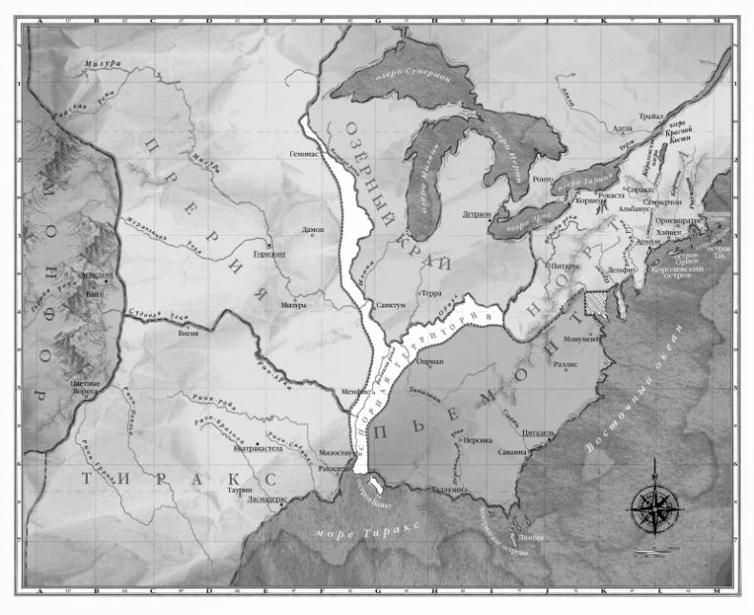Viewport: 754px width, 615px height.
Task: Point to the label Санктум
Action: point(393,305)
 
